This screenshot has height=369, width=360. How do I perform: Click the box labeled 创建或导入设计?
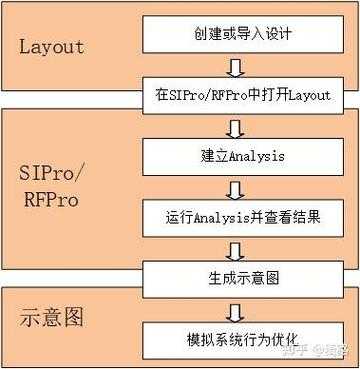pyautogui.click(x=236, y=36)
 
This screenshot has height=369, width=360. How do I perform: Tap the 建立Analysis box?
pyautogui.click(x=236, y=155)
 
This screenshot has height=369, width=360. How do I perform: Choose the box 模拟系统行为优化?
pyautogui.click(x=236, y=336)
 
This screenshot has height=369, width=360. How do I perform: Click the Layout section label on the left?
pyautogui.click(x=66, y=46)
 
